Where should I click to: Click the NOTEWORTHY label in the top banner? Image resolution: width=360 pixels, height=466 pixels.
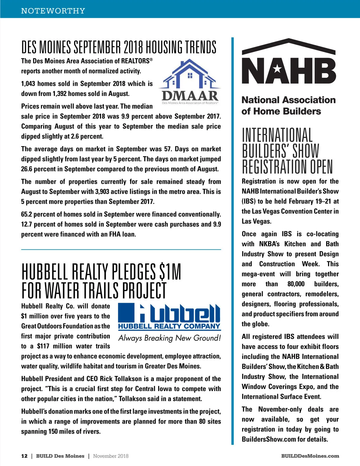coord(53,11)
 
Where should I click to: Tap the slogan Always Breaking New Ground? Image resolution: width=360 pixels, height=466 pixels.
coord(169,338)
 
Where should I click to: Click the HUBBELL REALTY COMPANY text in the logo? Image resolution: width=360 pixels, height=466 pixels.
coord(169,326)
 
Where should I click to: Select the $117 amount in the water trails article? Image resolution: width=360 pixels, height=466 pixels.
coord(43,346)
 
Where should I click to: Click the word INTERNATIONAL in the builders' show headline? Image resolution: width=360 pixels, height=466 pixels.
coord(277,135)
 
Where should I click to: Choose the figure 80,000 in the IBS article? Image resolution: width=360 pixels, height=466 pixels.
coord(296,284)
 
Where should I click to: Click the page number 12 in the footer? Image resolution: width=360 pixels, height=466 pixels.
coord(24,456)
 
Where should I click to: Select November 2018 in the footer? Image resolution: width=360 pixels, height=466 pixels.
coord(111,456)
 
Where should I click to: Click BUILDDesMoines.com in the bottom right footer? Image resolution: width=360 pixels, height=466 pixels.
coord(310,456)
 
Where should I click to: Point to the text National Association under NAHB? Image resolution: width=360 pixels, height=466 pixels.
coord(288,100)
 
